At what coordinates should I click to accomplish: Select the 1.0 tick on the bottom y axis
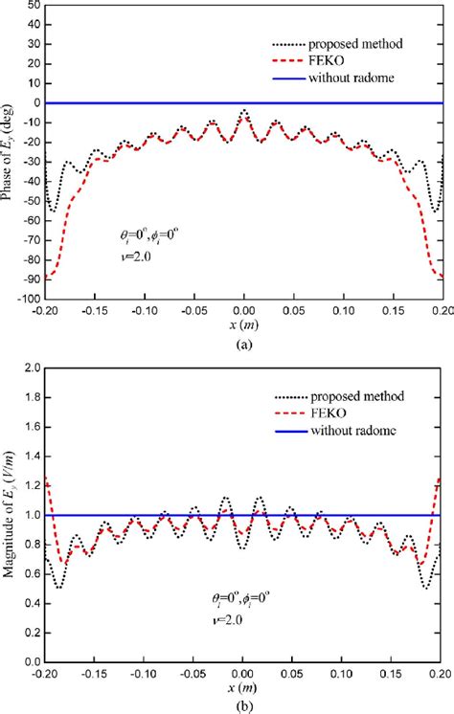click(28, 515)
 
